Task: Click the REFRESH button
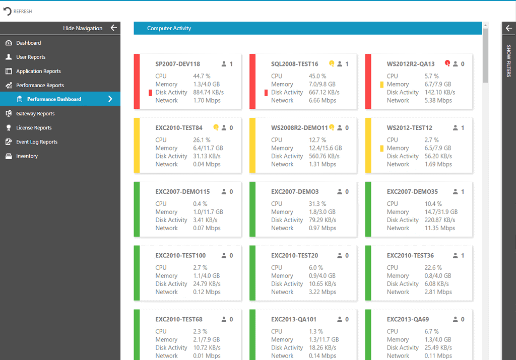point(18,11)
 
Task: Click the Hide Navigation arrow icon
point(113,28)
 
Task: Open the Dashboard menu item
point(28,43)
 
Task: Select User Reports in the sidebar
point(30,57)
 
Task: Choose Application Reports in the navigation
point(38,71)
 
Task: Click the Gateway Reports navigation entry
point(35,114)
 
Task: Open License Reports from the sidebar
point(34,128)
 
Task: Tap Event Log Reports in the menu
point(36,142)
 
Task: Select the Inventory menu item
point(27,156)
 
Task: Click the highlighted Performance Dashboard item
point(54,99)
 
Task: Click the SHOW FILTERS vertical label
point(508,61)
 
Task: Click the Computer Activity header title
point(169,28)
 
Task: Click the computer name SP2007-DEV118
point(177,64)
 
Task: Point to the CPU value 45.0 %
point(317,76)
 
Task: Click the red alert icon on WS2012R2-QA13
point(447,63)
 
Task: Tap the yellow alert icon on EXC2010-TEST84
point(216,127)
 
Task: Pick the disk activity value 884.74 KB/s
point(209,92)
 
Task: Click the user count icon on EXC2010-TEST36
point(456,255)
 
